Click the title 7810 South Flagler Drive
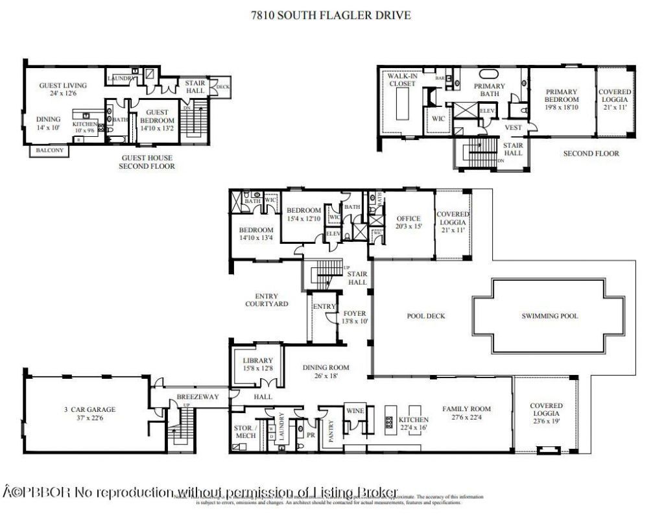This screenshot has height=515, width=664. (331, 15)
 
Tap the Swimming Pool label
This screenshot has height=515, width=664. (549, 317)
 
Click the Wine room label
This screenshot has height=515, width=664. (355, 411)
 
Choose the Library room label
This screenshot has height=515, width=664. (257, 361)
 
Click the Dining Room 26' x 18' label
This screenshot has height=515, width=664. (326, 371)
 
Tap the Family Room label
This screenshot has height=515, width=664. (466, 409)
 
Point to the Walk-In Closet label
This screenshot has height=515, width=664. (401, 80)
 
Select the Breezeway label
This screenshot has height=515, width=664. (198, 397)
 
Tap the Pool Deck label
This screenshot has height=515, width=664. (425, 317)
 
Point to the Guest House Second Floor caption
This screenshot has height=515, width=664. (147, 162)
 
